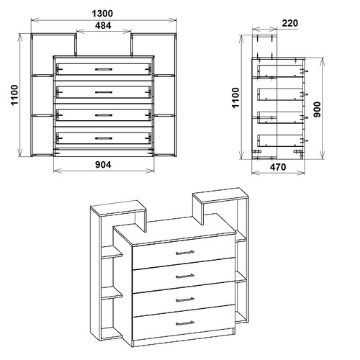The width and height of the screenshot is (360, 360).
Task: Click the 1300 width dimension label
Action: (102, 14)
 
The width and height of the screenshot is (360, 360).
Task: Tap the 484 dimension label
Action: (103, 25)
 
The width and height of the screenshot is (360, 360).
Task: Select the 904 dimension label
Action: (103, 165)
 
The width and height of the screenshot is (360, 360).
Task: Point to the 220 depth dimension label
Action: (290, 23)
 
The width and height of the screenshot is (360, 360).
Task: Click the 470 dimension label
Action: (278, 167)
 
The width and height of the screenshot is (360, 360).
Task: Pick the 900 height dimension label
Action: (317, 109)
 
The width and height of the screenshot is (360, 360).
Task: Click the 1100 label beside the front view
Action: (14, 95)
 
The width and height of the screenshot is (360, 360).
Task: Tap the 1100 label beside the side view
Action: (236, 98)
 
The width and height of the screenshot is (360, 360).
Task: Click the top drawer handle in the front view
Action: (104, 69)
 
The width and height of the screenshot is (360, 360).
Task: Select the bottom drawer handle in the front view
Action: (104, 138)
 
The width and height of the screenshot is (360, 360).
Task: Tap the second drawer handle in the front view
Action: (104, 92)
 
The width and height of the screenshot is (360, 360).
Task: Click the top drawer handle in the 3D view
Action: (185, 252)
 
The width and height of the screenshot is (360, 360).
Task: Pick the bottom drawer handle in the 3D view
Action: (185, 323)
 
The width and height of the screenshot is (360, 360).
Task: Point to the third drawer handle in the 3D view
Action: (185, 300)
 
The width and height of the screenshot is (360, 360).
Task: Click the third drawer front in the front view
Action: (104, 115)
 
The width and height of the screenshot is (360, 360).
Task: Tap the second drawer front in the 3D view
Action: (184, 275)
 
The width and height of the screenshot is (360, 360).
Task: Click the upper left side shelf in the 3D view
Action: (112, 252)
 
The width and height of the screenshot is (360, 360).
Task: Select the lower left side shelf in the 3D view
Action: (112, 293)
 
